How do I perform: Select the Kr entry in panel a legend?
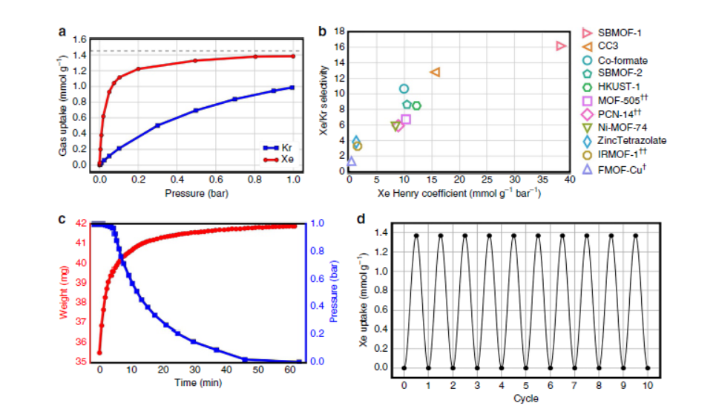(280, 148)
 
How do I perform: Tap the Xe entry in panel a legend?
(280, 158)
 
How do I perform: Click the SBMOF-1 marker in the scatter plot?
(561, 46)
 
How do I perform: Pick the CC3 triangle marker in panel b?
(436, 72)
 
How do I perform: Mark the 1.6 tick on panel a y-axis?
(80, 39)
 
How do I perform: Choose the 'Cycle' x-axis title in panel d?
(525, 399)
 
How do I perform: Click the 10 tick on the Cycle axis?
(647, 386)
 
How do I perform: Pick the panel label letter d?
(361, 220)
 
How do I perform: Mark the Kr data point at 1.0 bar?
(292, 87)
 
